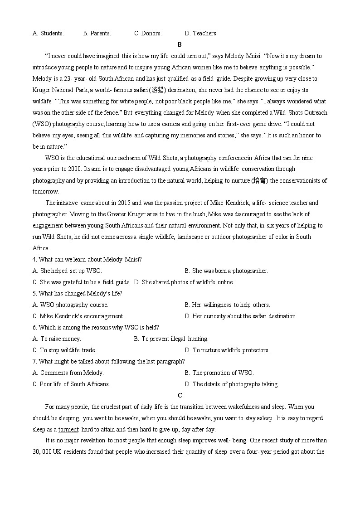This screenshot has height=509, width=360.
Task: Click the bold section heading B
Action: click(x=180, y=44)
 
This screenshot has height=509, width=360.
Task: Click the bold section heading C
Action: click(x=180, y=395)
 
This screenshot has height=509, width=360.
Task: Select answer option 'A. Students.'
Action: click(x=48, y=33)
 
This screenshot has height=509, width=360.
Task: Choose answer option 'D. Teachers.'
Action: click(x=201, y=33)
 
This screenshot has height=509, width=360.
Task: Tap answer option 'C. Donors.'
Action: click(x=148, y=33)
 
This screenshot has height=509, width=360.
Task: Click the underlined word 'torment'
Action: click(x=68, y=429)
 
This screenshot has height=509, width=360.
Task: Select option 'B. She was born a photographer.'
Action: click(x=226, y=271)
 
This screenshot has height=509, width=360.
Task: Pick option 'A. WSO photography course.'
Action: click(x=70, y=305)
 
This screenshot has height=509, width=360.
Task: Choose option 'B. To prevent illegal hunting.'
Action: click(x=171, y=339)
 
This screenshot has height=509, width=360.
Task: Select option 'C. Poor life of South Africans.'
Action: click(x=71, y=384)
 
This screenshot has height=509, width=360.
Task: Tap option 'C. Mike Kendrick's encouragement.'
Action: click(x=78, y=316)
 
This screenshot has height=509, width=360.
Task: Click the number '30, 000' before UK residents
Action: click(x=43, y=451)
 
